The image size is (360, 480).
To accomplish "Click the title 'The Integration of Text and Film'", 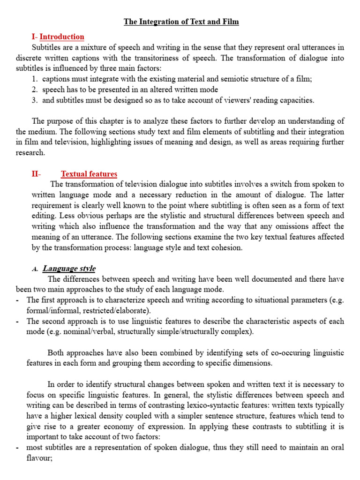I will point(181,22).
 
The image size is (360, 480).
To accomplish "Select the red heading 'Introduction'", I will point(62,37).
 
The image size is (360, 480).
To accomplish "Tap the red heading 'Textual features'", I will point(89,174).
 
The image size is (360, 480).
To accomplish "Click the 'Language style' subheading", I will point(69,269).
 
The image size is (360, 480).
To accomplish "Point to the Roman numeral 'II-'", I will point(37,174).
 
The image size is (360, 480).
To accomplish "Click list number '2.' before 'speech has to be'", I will point(35,89).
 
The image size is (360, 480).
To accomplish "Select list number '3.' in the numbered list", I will point(35,100).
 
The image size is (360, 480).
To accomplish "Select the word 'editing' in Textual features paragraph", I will point(47,216).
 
